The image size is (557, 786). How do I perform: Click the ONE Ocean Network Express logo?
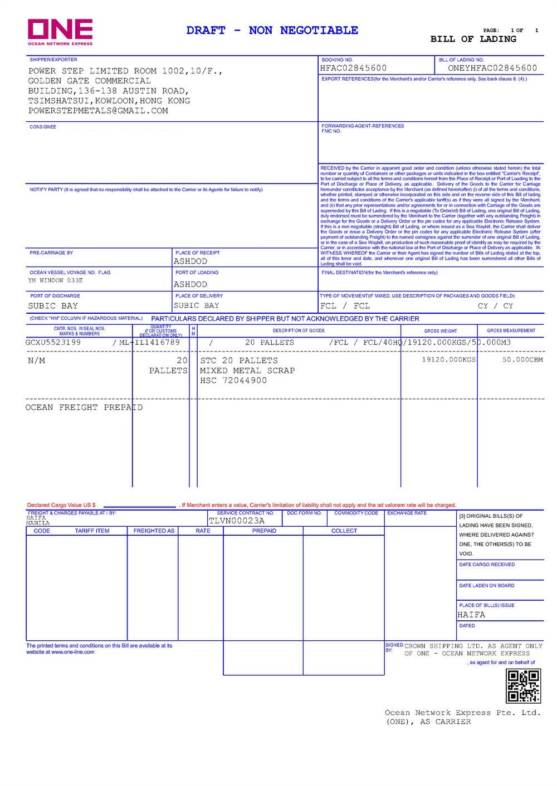(60, 32)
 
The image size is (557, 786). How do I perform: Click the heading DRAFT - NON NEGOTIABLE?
(272, 31)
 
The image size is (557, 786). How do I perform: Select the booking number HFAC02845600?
(353, 68)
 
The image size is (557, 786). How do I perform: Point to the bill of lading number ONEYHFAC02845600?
(492, 68)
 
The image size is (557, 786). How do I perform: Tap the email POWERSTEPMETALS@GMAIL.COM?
(98, 111)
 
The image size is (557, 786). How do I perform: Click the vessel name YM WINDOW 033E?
(55, 281)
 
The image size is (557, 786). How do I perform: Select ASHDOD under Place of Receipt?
(190, 261)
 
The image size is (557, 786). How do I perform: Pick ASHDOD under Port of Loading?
(190, 284)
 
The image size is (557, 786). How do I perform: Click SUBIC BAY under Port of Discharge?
(53, 306)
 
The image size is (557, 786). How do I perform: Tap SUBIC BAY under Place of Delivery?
(196, 305)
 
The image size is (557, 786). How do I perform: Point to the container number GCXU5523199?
(53, 343)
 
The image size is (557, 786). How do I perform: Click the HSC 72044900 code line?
(233, 381)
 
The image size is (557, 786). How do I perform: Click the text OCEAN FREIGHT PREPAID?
(84, 408)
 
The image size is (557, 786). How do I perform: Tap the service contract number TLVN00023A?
(237, 521)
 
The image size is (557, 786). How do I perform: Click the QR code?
(523, 686)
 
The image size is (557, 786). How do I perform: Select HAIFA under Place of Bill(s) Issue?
(471, 615)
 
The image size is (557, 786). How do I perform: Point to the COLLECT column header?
(344, 531)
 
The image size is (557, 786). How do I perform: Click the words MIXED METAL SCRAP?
(247, 371)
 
